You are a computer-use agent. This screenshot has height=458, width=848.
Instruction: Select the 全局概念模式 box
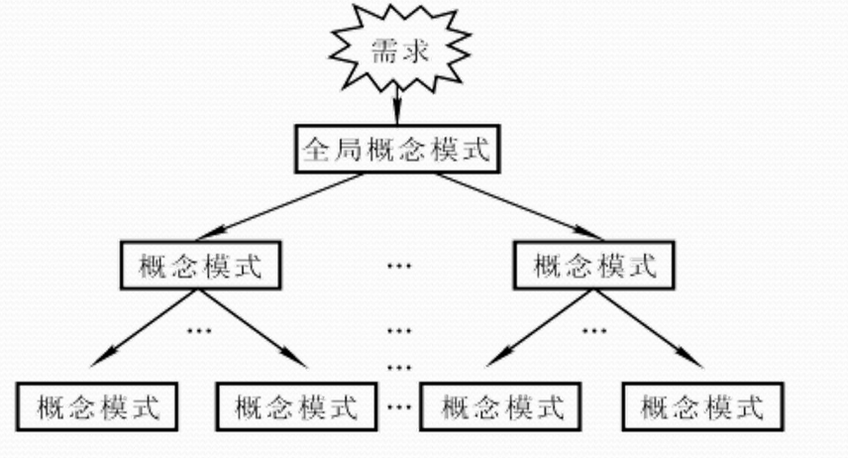click(x=395, y=150)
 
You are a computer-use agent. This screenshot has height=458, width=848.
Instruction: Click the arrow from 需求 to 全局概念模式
click(x=396, y=103)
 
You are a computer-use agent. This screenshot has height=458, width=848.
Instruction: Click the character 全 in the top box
click(x=316, y=150)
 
